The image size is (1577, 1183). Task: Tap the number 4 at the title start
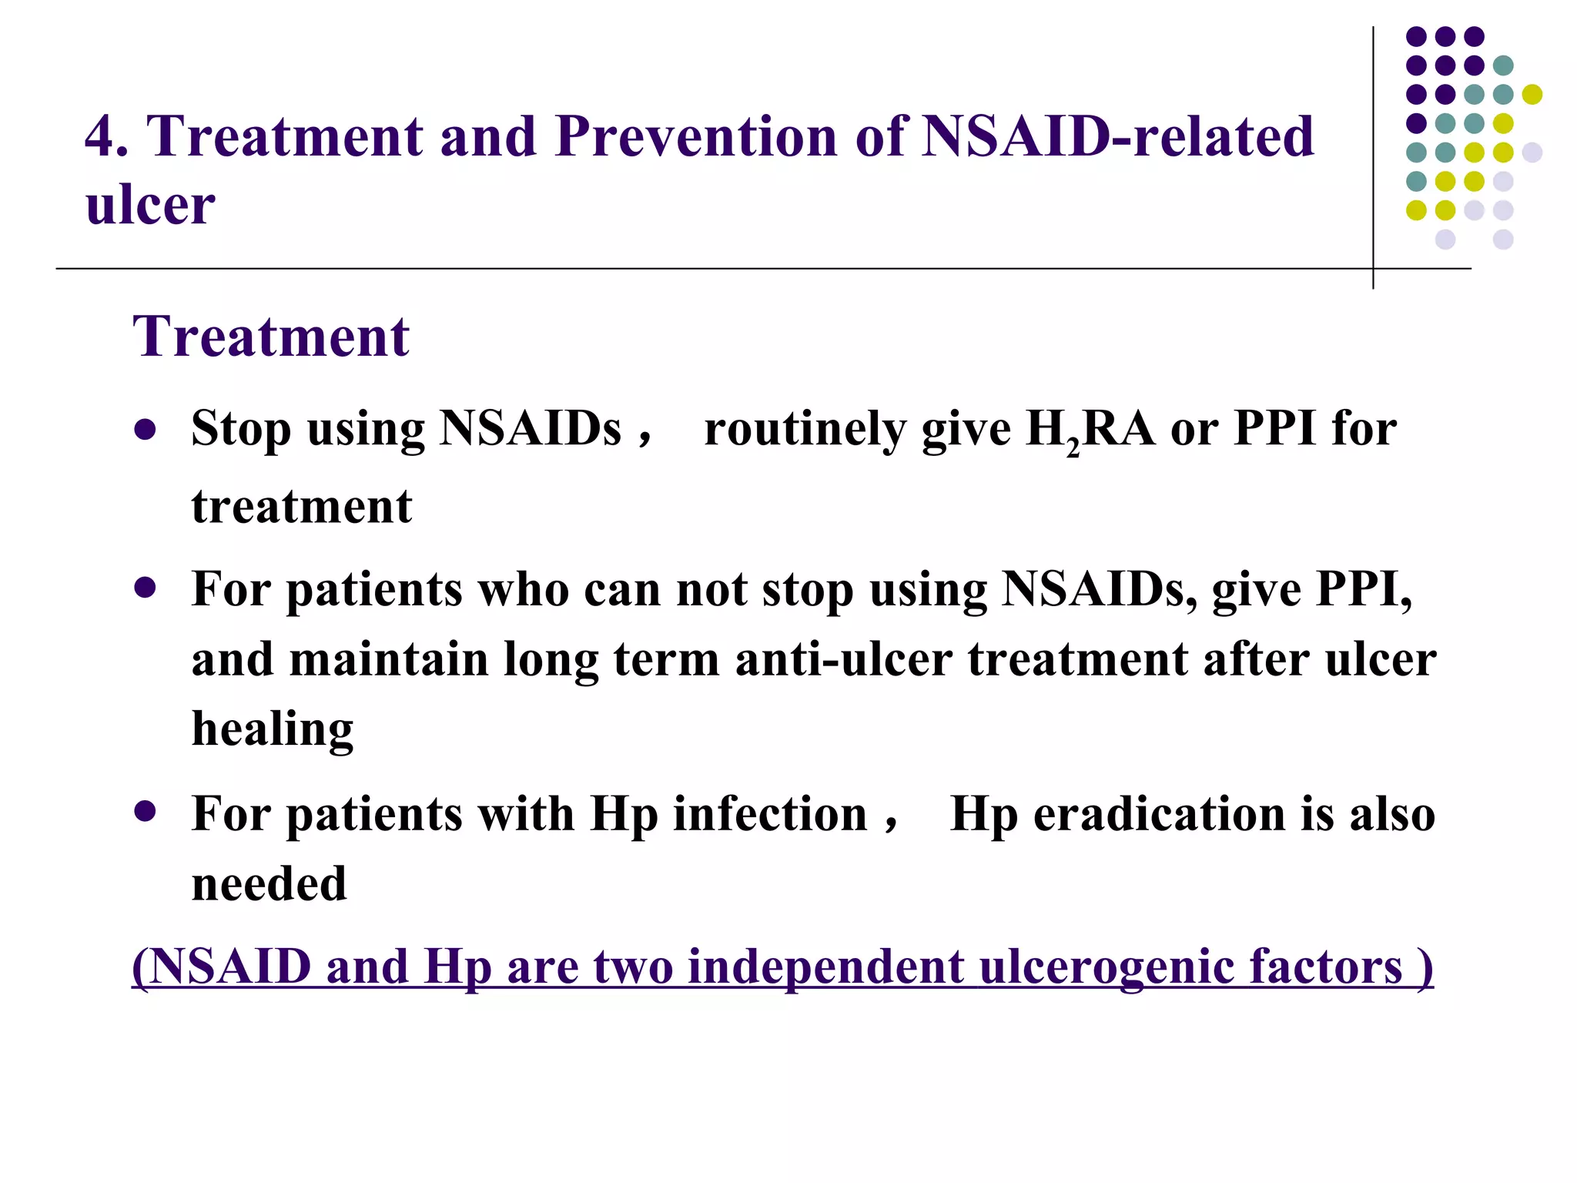100,136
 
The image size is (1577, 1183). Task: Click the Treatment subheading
271,337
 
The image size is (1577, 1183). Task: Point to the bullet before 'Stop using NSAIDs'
145,428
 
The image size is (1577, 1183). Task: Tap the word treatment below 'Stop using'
302,507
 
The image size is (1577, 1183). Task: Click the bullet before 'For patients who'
145,589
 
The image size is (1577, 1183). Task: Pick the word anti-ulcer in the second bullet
844,659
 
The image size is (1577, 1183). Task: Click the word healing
273,729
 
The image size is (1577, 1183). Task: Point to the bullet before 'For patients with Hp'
145,811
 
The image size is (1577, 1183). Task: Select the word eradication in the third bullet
1160,814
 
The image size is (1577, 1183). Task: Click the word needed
269,883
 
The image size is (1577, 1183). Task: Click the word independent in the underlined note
826,967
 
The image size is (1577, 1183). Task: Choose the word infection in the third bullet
770,814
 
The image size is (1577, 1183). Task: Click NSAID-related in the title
1118,136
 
